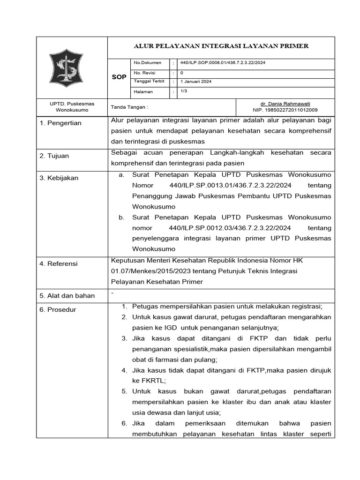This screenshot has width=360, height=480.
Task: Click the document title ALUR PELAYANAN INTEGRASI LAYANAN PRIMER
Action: click(x=221, y=46)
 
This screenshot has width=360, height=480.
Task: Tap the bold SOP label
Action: click(x=119, y=77)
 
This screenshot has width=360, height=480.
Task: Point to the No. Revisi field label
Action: click(x=145, y=73)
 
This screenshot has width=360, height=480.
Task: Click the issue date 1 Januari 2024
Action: click(x=196, y=82)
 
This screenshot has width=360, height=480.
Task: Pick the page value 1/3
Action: click(x=184, y=91)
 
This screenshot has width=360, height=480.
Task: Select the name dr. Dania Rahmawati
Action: click(x=285, y=104)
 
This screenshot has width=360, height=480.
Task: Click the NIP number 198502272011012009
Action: click(x=285, y=110)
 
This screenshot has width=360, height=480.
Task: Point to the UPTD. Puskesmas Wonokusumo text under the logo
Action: click(x=72, y=107)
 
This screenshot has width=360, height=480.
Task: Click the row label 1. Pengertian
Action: click(x=61, y=123)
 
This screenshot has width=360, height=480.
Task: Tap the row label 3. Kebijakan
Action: click(x=59, y=178)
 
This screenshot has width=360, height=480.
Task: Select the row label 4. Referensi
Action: click(x=59, y=263)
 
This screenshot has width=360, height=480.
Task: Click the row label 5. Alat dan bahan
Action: click(x=67, y=295)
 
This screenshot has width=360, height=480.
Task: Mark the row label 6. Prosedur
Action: click(x=58, y=309)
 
